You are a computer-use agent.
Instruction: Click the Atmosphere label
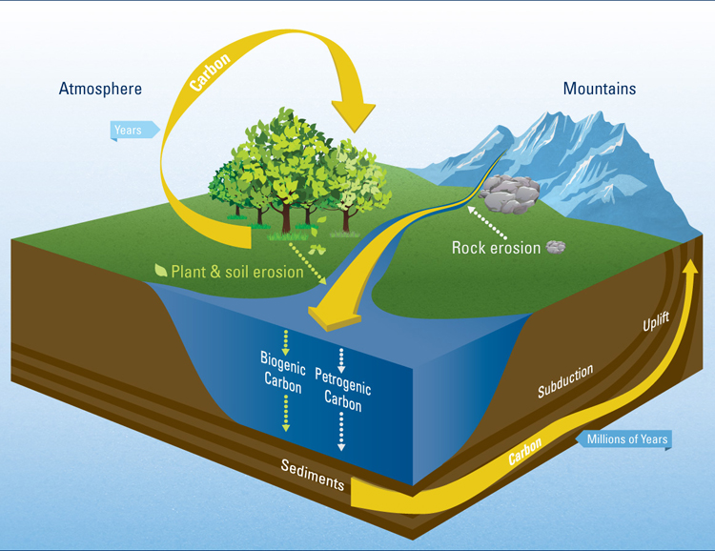[100, 89]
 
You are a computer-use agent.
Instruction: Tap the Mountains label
[599, 89]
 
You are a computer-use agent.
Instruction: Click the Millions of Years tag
[626, 439]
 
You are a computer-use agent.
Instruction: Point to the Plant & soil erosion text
[236, 272]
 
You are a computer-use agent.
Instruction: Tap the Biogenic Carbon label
[281, 373]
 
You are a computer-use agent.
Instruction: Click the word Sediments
[312, 474]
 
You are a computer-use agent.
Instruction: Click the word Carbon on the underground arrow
[525, 451]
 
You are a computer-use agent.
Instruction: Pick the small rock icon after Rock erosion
[557, 248]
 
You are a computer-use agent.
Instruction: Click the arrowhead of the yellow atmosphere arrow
[351, 113]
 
